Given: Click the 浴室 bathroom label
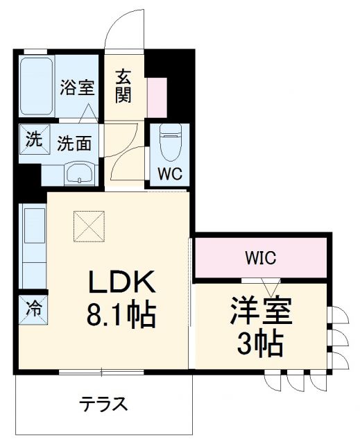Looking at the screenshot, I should pos(76,88).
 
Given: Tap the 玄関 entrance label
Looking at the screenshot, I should pos(123,85).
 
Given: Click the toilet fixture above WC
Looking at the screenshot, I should pos(169,142).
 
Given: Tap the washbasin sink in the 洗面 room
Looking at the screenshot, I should pos(80,174).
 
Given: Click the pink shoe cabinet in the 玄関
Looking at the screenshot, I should pos(157,97).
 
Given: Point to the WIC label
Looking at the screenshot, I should pos(260,259).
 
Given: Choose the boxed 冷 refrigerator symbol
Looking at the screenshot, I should pos(32,306).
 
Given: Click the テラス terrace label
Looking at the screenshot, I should pos(102,404).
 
